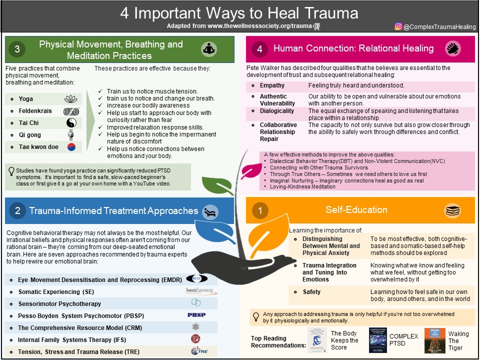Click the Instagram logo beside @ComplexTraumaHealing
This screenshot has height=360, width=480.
(398, 26)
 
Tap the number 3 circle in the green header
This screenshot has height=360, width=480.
(17, 49)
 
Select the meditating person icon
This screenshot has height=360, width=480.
(209, 49)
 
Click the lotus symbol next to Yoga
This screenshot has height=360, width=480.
(71, 99)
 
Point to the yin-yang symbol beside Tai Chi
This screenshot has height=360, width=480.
(71, 123)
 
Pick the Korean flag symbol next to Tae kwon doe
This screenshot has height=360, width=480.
(71, 147)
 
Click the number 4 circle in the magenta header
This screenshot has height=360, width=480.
(259, 48)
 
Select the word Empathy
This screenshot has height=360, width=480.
(272, 85)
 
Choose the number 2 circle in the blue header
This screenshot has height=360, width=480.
(17, 211)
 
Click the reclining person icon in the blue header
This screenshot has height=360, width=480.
(210, 211)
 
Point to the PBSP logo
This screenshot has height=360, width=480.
(196, 315)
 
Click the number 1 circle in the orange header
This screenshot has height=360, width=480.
(259, 211)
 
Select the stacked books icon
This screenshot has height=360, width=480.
(452, 211)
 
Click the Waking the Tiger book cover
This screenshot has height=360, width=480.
(434, 340)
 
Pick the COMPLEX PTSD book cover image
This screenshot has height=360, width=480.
(378, 341)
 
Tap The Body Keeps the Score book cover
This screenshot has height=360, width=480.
(317, 340)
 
